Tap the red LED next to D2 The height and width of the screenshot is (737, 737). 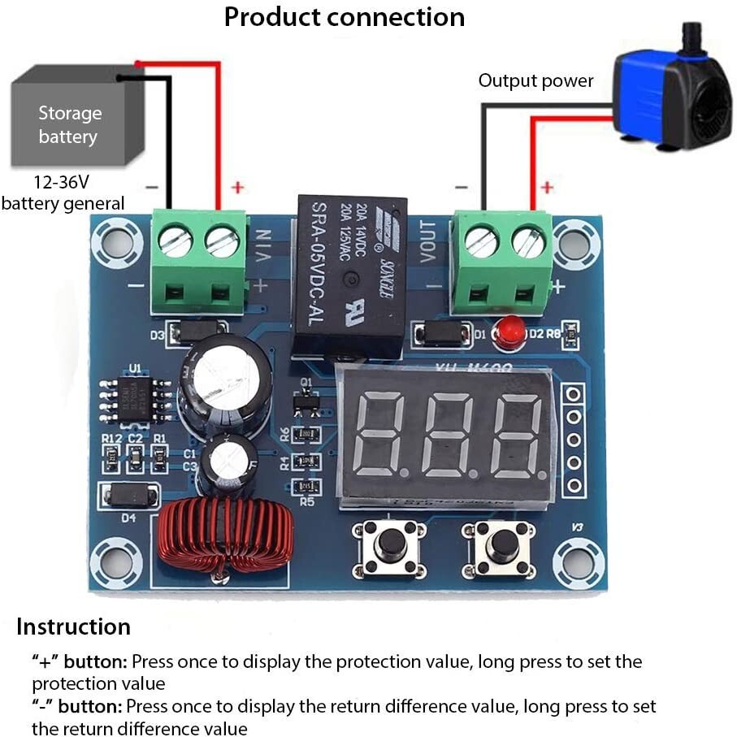click(x=508, y=333)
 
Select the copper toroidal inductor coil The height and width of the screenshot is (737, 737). click(x=224, y=535)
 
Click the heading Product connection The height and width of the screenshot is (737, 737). click(x=345, y=17)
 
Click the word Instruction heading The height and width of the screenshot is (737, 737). click(x=73, y=627)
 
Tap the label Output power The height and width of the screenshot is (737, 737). click(x=535, y=80)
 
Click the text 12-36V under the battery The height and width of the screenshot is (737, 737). click(x=60, y=182)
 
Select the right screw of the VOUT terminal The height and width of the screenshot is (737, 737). click(x=528, y=242)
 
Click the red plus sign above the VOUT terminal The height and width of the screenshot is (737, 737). click(x=547, y=188)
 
